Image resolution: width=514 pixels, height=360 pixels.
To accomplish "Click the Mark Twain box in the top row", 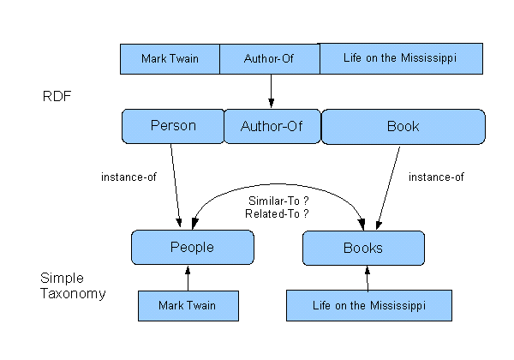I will [x=170, y=58].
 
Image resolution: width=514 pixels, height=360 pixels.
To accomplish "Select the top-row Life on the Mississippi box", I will [x=400, y=58].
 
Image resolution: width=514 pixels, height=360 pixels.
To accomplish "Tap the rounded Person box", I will [x=172, y=126].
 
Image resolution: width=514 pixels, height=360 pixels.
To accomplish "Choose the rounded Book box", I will [x=403, y=126].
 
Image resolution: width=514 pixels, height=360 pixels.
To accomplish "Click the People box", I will [x=192, y=248].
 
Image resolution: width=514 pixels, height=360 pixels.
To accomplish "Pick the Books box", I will [x=363, y=248].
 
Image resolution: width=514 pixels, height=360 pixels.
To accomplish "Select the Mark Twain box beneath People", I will [x=188, y=305].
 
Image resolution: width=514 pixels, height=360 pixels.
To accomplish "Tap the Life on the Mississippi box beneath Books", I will [x=368, y=305].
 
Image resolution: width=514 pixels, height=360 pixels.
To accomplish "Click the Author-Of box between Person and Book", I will [x=271, y=126].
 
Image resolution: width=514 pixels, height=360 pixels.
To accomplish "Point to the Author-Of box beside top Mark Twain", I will [x=270, y=58].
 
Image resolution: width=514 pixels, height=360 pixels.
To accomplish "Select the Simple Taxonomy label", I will [x=73, y=286].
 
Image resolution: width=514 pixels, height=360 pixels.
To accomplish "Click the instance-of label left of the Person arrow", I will [x=128, y=177].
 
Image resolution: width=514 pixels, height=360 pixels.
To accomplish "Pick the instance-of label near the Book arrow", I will [x=435, y=177].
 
